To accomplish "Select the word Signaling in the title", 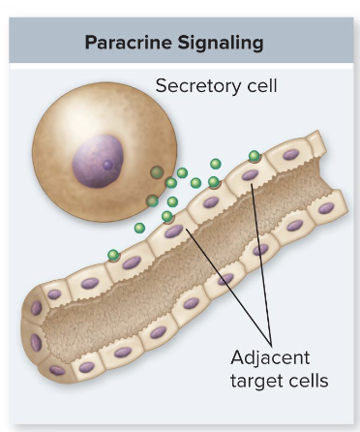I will (225, 45).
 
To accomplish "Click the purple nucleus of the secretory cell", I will (98, 160).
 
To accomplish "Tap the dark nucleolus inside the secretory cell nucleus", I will (107, 165).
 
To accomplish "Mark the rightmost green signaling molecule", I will (255, 156).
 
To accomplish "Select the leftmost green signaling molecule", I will (113, 256).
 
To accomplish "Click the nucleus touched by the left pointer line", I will (174, 231).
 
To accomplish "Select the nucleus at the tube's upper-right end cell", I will (288, 153).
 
